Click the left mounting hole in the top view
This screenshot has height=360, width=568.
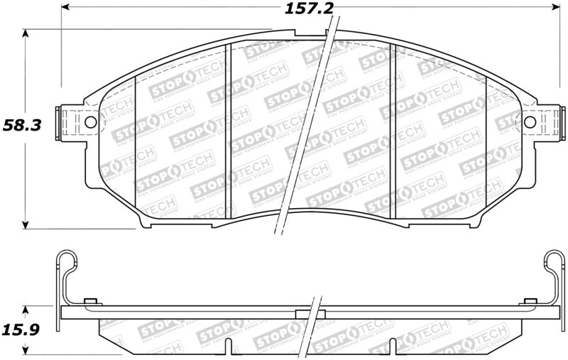click(90, 123)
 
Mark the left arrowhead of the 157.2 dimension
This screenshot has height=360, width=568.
click(66, 9)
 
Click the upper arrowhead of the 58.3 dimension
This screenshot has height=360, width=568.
click(27, 33)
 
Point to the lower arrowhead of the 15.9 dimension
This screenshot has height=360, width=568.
click(27, 349)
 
